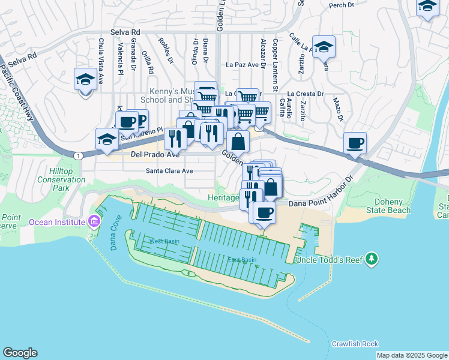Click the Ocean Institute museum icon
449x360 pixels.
pyautogui.click(x=93, y=222)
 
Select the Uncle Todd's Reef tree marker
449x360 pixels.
pyautogui.click(x=372, y=259)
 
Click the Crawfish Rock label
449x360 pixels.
pyautogui.click(x=355, y=344)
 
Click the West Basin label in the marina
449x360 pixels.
pyautogui.click(x=164, y=241)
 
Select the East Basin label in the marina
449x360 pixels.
pyautogui.click(x=242, y=260)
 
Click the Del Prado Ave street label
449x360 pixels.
pyautogui.click(x=155, y=155)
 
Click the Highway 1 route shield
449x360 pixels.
pyautogui.click(x=78, y=155)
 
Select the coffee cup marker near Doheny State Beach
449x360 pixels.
pyautogui.click(x=355, y=143)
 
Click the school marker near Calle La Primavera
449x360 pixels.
pyautogui.click(x=324, y=47)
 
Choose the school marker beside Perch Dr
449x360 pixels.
pyautogui.click(x=427, y=6)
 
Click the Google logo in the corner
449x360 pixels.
pyautogui.click(x=20, y=353)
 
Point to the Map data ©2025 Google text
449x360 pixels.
pyautogui.click(x=412, y=355)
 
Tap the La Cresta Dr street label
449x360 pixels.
pyautogui.click(x=305, y=94)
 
